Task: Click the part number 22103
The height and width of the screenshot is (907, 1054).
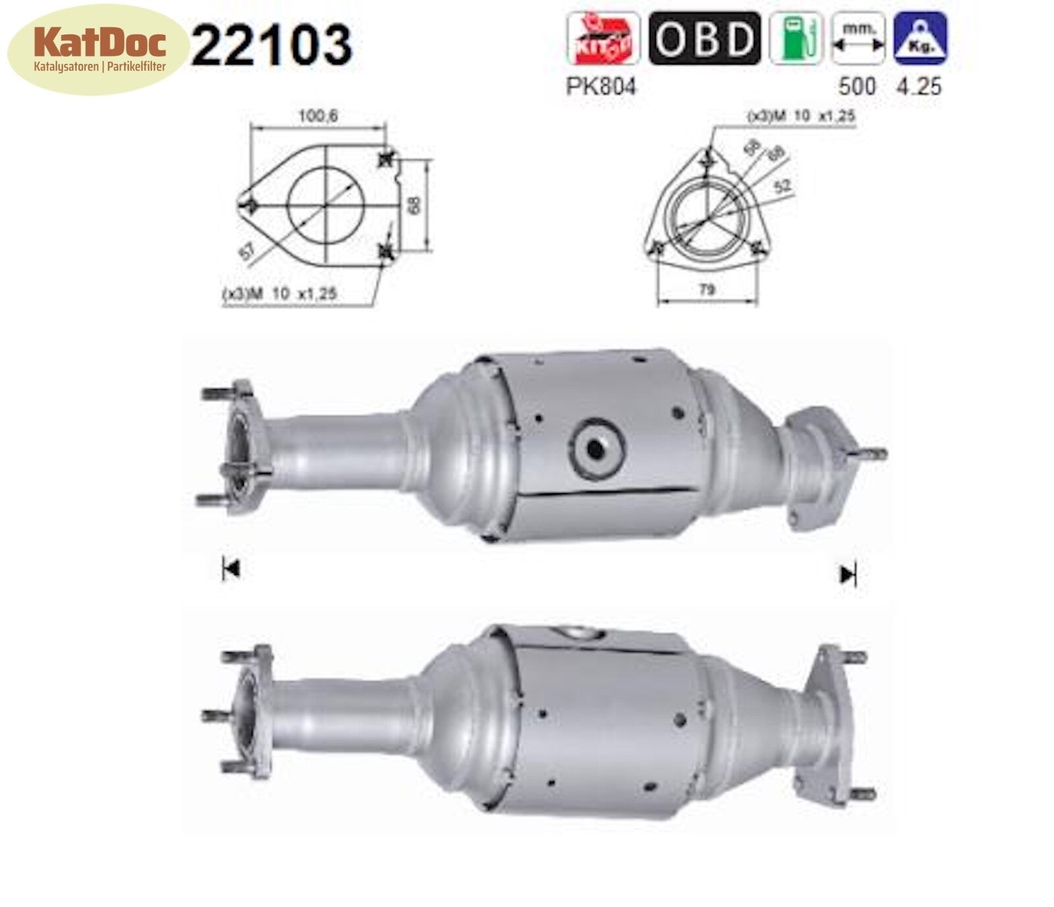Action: point(271,45)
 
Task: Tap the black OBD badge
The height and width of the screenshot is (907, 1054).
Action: point(704,38)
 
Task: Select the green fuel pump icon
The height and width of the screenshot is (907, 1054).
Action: point(796,38)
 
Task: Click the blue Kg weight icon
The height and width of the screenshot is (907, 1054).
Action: point(920,38)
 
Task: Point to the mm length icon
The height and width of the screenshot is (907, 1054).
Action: point(858,38)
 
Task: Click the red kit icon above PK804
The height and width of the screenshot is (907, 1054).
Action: point(603,38)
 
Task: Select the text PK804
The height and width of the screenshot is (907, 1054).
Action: point(601,86)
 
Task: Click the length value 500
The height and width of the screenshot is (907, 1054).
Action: point(857,86)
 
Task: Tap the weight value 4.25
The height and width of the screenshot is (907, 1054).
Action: point(919,86)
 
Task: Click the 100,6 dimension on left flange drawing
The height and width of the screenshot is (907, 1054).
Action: point(318,116)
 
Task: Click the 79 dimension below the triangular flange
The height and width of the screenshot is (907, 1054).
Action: point(706,289)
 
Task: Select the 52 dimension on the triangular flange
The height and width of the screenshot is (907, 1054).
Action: point(782,187)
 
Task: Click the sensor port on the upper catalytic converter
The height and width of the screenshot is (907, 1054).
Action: point(597,449)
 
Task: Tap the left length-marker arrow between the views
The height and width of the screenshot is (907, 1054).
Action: point(230,569)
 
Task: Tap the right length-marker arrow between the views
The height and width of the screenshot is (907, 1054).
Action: point(848,575)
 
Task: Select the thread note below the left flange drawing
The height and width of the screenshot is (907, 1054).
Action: point(280,294)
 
